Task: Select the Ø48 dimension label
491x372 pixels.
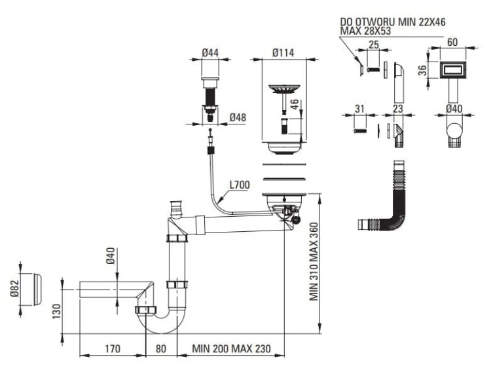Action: (238, 118)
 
